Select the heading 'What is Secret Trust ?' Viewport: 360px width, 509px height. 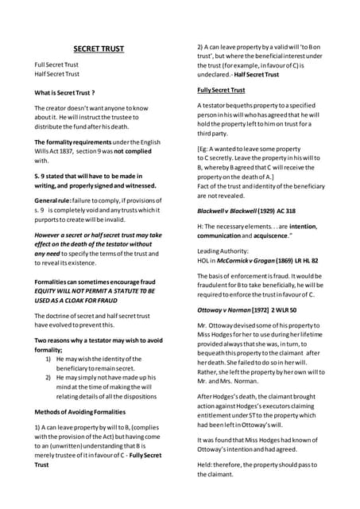click(x=64, y=93)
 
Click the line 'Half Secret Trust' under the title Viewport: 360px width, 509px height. click(x=56, y=74)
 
